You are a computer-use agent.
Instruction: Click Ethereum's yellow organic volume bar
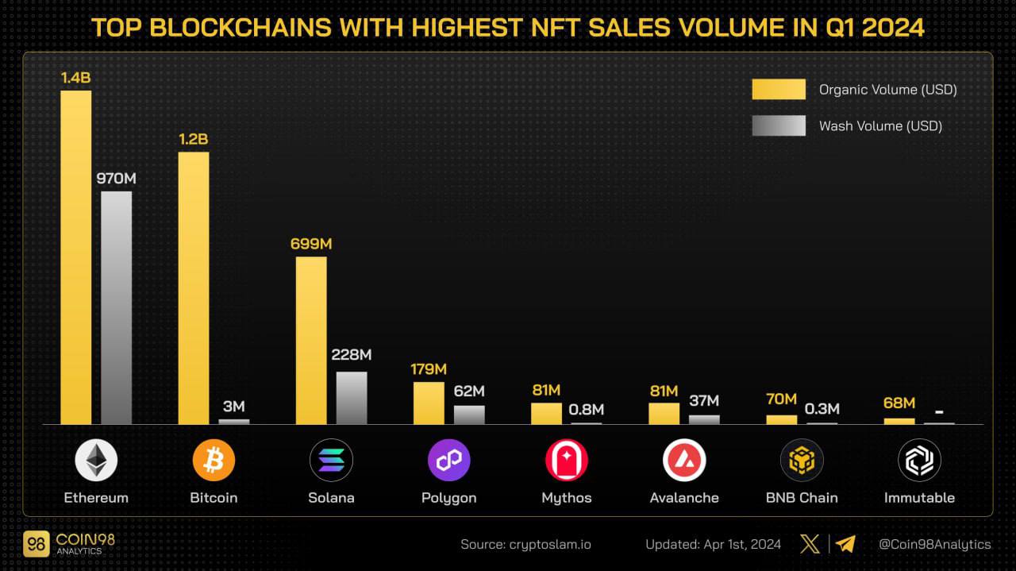click(76, 257)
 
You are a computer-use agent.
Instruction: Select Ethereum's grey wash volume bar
click(117, 307)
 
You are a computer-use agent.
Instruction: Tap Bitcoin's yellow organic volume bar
click(194, 287)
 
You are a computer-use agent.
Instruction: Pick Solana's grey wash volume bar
click(352, 397)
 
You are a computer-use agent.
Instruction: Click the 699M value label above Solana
click(311, 244)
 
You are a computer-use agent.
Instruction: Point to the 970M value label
click(116, 179)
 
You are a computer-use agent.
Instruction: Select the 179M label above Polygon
click(429, 369)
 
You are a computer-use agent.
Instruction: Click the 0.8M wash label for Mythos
click(587, 410)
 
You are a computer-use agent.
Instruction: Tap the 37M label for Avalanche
click(704, 401)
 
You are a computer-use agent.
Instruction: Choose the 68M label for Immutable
click(899, 403)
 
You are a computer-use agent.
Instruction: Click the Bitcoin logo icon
click(214, 461)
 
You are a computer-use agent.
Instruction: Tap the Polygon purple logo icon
click(449, 461)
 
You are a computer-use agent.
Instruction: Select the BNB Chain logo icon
click(802, 461)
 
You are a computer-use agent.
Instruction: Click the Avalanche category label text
click(684, 498)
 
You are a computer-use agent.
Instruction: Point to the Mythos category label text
click(567, 498)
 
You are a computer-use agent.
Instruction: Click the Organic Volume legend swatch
click(779, 89)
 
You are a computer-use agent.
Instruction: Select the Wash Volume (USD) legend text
click(880, 125)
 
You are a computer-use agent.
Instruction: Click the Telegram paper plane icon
click(845, 544)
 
